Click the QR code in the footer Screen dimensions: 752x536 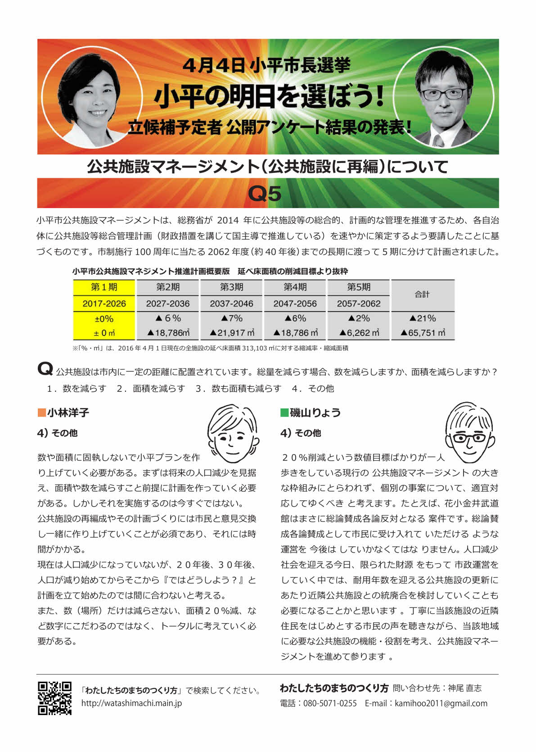pos(54,698)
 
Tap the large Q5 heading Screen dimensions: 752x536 pos(265,194)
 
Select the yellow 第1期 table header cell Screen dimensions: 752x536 pos(104,287)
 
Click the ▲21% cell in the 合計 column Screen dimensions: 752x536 pos(423,318)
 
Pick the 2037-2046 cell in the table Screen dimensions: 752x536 pos(231,304)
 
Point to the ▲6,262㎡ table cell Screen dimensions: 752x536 pos(359,333)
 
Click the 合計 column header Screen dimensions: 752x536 pos(422,294)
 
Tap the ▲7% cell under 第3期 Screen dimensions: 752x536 pos(231,318)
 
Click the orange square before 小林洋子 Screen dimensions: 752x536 pos(42,412)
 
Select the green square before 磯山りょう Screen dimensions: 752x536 pos(284,412)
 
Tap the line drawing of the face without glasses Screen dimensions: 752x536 pos(232,434)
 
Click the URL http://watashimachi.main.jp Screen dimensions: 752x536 pos(131,703)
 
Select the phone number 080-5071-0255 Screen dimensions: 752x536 pos(330,703)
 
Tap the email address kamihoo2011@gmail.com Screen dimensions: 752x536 pos(441,703)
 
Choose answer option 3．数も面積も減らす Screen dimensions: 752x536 pos(238,389)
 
